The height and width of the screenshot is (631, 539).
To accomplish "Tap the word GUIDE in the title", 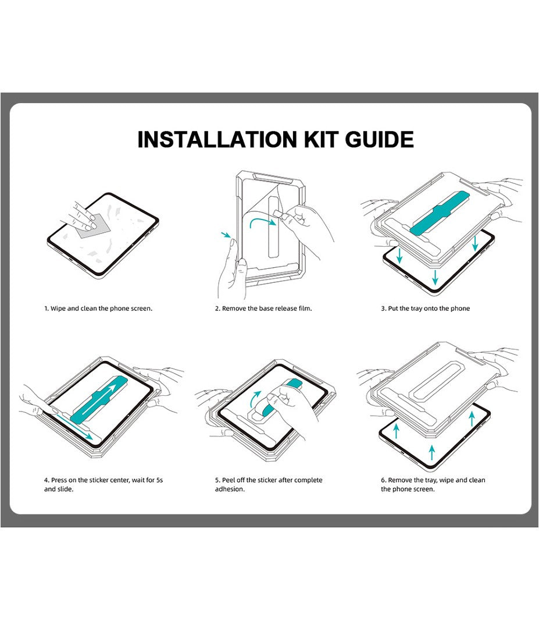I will click(379, 140).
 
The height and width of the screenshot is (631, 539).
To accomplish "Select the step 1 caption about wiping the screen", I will click(98, 308).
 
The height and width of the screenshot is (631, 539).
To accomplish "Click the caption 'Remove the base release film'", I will click(263, 308).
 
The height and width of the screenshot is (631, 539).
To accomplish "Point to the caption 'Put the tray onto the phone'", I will click(425, 308).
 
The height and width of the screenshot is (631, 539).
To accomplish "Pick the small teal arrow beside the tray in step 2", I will click(226, 236).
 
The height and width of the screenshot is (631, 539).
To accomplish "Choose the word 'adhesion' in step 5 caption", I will click(230, 490).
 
